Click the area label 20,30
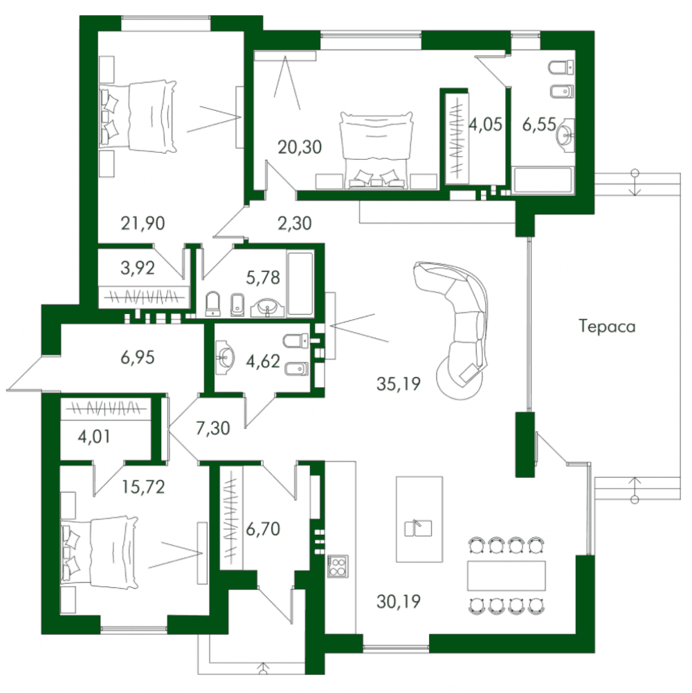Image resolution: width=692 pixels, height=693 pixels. tap(300, 147)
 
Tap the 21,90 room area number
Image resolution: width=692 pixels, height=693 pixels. tap(143, 223)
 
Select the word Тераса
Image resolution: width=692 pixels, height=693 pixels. tap(607, 326)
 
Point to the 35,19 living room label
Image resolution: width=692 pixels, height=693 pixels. tap(399, 384)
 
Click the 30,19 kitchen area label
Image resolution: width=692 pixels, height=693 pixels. tap(399, 601)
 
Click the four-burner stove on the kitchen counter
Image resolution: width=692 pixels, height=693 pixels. tap(338, 566)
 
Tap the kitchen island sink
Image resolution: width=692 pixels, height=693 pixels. tap(418, 528)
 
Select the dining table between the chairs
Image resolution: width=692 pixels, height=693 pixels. tap(507, 575)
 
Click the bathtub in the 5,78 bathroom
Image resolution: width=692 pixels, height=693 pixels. tap(300, 284)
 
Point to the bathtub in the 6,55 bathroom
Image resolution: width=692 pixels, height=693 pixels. tap(543, 180)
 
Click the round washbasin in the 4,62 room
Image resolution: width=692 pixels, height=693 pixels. tap(226, 356)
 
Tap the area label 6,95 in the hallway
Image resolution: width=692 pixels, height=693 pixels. tap(138, 357)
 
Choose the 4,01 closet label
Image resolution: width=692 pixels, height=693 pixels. tap(93, 436)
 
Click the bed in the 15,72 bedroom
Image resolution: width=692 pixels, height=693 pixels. tap(100, 553)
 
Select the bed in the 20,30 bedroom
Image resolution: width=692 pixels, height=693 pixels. tap(376, 150)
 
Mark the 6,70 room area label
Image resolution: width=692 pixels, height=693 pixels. tap(263, 528)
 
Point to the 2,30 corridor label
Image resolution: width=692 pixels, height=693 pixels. tap(295, 223)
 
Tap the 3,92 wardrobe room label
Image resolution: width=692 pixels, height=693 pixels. tap(138, 268)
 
